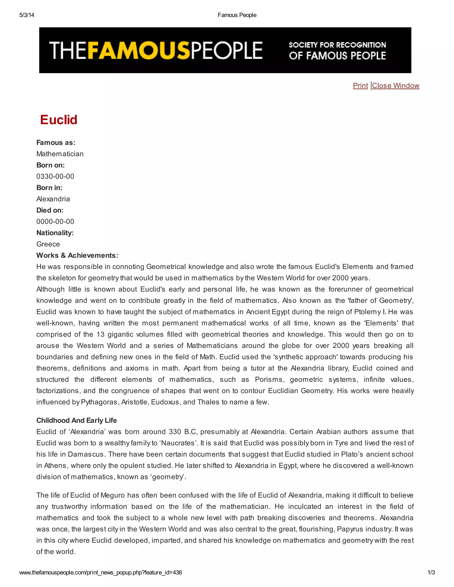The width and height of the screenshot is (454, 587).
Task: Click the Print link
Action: click(x=360, y=86)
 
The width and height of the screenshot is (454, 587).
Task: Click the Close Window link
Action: click(x=395, y=86)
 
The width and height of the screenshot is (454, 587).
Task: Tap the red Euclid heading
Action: click(x=59, y=120)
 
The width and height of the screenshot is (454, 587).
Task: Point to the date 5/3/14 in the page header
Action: click(x=27, y=15)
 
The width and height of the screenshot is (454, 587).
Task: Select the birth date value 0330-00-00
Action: click(x=55, y=176)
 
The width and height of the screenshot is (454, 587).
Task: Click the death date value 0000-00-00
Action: click(x=55, y=222)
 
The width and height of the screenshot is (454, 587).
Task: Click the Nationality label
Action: click(x=55, y=233)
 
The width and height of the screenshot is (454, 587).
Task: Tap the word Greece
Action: click(x=48, y=244)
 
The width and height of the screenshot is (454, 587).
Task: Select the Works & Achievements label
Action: click(x=77, y=255)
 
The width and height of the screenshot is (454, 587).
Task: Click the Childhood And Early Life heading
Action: click(x=76, y=420)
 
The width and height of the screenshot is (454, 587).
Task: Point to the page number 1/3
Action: click(x=431, y=572)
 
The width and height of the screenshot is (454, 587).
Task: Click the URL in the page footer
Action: click(x=101, y=572)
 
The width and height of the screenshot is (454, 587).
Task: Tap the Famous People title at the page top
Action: click(x=237, y=15)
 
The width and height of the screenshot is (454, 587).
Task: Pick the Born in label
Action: click(x=49, y=188)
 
